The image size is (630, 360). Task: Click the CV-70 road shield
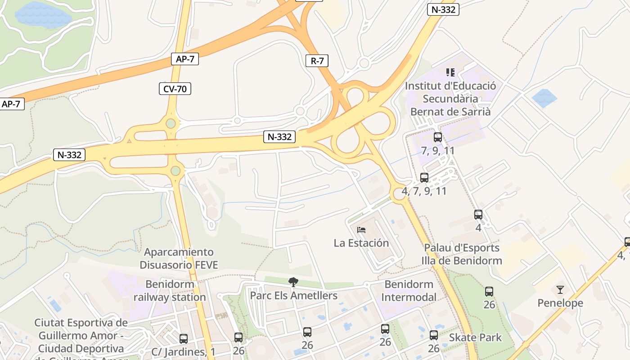coord(175,89)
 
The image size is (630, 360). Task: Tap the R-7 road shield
coord(317,61)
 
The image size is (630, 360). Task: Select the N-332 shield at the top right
coord(443,9)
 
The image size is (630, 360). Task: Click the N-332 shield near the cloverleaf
coord(279,137)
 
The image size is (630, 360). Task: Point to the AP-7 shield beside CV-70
coord(185,59)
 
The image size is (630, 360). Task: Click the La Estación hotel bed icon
coord(361,230)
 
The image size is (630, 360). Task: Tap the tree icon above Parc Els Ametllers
coord(293,282)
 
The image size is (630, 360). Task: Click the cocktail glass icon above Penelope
coord(560,289)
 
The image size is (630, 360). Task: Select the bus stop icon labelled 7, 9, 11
coord(437,137)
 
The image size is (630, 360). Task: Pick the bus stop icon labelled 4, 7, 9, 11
coord(424,178)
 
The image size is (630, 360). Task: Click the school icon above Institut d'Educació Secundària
coord(450,72)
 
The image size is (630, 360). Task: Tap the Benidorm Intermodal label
coord(409,291)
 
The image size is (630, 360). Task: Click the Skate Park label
coord(475,337)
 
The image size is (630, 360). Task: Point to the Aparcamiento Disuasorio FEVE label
coord(179,258)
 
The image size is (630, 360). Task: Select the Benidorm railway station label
coord(170,291)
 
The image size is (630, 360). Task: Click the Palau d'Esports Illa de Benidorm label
coord(462,254)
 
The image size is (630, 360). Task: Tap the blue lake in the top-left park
coord(43,15)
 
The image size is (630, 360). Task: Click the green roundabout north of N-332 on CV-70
coord(171,123)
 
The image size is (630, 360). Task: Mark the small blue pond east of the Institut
coord(544,98)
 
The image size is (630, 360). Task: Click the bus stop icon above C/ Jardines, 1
coord(184,338)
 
